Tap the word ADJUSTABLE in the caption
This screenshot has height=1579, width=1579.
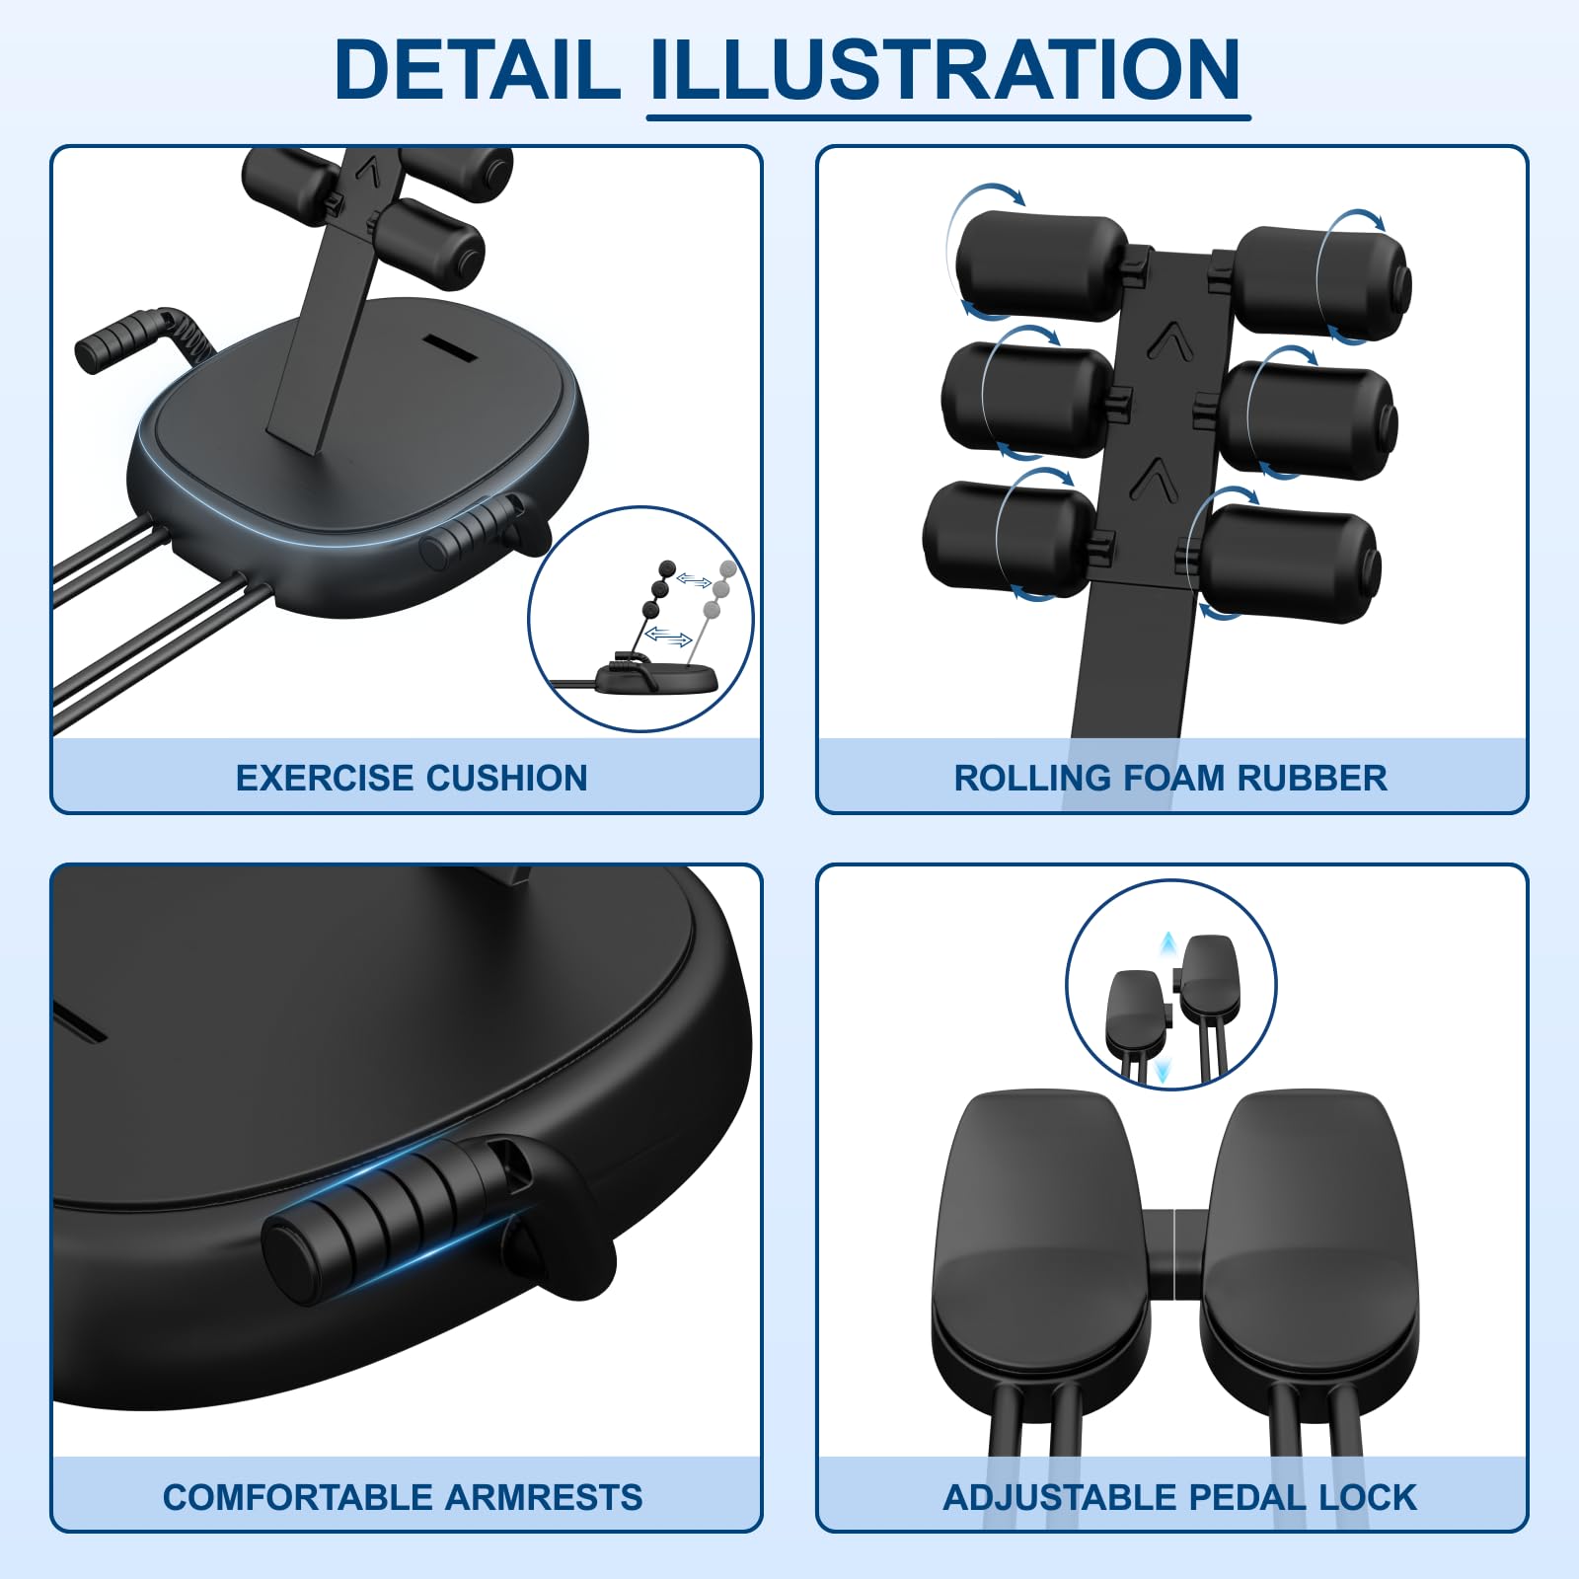pyautogui.click(x=1064, y=1497)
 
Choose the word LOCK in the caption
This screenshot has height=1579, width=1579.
pyautogui.click(x=1368, y=1497)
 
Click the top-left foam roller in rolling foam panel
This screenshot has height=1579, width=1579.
pyautogui.click(x=1041, y=265)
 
